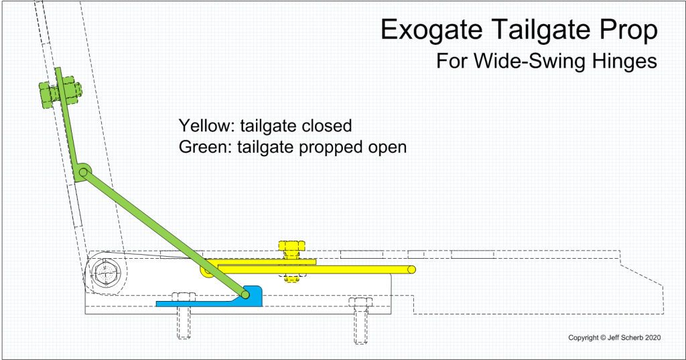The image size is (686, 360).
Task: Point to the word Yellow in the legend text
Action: tap(206, 125)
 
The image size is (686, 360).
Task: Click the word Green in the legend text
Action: tap(205, 147)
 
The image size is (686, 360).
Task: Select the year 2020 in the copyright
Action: tap(653, 338)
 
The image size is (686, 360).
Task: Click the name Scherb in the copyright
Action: tap(632, 338)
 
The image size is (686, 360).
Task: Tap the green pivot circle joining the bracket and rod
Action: tap(83, 172)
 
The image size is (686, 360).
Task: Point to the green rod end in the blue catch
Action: tap(245, 294)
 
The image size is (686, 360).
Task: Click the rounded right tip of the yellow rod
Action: tap(411, 269)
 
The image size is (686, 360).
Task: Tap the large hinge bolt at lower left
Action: tap(105, 272)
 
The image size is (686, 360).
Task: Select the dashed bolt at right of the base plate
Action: tap(360, 320)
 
